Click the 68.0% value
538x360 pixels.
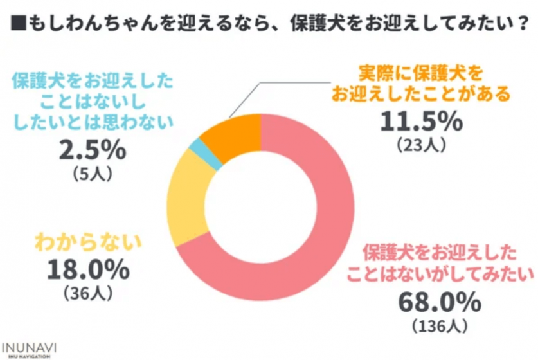pyautogui.click(x=440, y=302)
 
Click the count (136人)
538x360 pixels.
pyautogui.click(x=440, y=327)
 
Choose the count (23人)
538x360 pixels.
pyautogui.click(x=421, y=146)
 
